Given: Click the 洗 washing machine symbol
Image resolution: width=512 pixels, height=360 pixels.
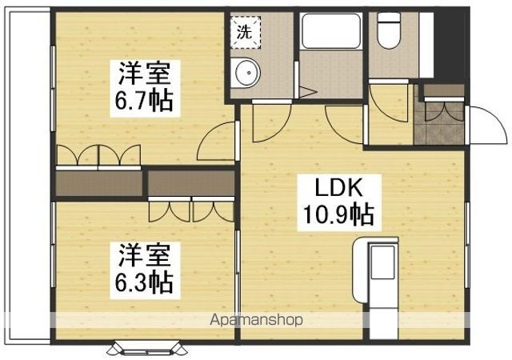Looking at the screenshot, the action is (246, 32).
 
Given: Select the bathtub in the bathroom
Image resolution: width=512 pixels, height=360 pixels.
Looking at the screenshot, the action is (330, 31).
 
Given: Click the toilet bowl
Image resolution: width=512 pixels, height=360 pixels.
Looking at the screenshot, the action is (389, 30).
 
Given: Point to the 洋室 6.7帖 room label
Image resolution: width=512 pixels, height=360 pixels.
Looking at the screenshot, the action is (145, 88).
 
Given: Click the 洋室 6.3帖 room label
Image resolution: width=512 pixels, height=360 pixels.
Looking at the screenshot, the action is (145, 270).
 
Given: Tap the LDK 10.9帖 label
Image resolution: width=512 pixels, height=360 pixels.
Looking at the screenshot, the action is (339, 202).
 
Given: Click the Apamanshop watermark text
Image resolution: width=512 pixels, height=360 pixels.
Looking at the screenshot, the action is (256, 320).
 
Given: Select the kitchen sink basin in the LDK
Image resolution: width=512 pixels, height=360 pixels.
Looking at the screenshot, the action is (382, 262).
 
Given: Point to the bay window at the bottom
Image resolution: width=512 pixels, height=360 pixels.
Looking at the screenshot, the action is (147, 348).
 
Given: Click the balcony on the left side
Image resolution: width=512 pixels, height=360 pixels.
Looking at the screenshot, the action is (28, 177).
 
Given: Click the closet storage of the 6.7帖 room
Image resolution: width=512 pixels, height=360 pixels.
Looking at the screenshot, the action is (99, 183).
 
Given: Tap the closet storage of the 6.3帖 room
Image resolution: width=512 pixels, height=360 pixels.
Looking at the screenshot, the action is (191, 183).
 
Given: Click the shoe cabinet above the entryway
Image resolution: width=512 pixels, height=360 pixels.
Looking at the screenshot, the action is (444, 90).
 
